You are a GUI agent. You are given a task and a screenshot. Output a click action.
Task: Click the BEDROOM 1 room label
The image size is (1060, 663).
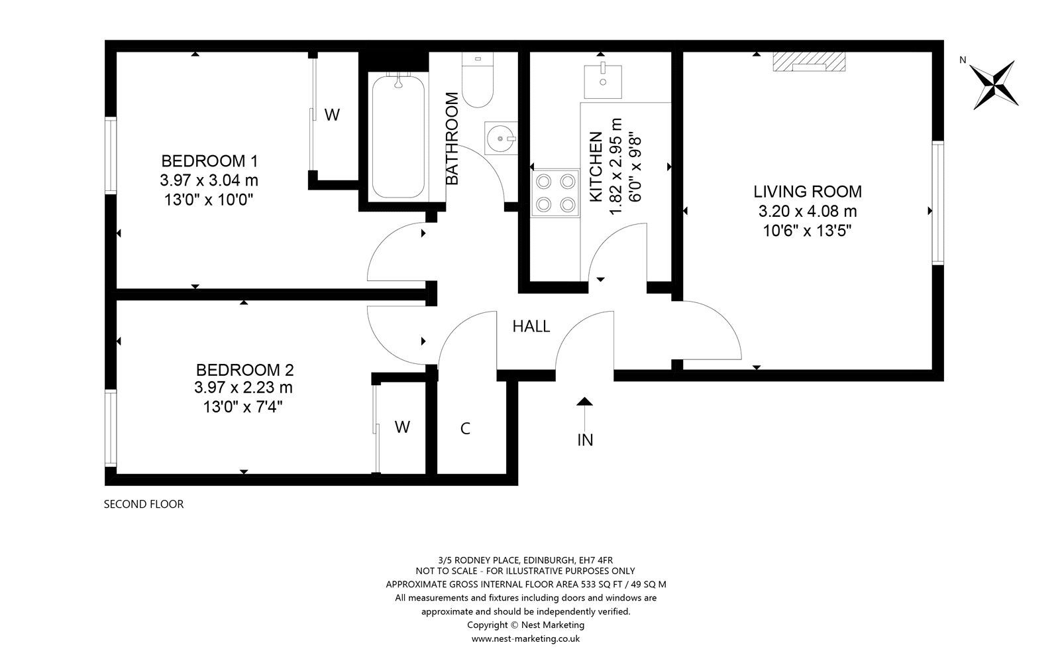(x=209, y=161)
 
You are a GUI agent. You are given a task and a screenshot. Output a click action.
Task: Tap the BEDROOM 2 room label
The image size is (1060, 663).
(x=244, y=370)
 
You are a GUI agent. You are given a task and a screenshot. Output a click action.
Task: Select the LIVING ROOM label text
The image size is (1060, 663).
(x=808, y=192)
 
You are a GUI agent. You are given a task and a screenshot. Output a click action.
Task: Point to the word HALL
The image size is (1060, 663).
(x=531, y=326)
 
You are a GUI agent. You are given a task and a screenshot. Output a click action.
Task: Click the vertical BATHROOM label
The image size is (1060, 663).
(x=452, y=139)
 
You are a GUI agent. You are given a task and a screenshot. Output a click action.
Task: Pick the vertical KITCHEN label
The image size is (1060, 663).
(x=596, y=167)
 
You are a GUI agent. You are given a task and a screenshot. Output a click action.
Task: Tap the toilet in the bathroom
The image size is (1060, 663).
(x=478, y=83)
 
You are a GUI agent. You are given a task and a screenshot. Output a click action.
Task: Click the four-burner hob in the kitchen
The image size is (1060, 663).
(x=555, y=192)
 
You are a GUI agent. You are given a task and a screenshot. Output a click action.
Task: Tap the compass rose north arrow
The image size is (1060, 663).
(x=994, y=84)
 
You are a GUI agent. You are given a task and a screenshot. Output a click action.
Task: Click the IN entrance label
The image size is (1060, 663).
(x=585, y=440)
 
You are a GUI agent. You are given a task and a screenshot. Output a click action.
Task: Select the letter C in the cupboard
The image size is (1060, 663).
(x=465, y=429)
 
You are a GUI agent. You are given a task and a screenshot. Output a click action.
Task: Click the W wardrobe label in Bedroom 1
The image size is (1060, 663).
(x=332, y=115)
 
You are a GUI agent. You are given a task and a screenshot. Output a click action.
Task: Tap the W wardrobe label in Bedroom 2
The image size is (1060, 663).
(x=402, y=427)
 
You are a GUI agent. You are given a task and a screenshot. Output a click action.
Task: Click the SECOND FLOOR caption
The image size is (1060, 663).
(x=144, y=504)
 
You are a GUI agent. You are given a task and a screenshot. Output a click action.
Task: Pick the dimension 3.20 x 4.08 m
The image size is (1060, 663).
(x=808, y=211)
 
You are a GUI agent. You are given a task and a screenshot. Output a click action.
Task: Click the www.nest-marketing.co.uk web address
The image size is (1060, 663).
(x=525, y=638)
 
